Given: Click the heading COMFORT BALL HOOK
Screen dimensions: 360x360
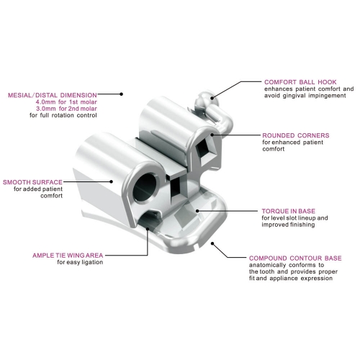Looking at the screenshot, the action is pos(300,82).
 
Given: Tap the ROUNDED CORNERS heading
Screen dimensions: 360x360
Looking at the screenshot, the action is pos(296,135).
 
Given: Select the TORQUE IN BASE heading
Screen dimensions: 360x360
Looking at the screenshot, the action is pos(289,211).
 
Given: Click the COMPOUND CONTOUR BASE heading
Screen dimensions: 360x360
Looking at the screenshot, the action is pos(295,258).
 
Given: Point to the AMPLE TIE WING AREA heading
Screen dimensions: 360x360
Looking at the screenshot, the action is pos(68,256).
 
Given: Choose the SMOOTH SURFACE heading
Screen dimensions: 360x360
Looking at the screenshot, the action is pos(32,182).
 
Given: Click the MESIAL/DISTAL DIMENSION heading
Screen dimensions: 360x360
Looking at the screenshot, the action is pos(53,95).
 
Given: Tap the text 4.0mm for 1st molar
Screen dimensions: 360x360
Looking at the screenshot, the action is pos(66,102).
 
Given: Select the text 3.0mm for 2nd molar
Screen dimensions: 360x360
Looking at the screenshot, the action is pos(66,109).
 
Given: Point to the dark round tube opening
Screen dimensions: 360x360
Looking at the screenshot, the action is pos(145,187).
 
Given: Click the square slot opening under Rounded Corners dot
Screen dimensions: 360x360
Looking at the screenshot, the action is pos(204,150).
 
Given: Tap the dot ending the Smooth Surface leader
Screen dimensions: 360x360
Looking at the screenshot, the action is pos(111,181).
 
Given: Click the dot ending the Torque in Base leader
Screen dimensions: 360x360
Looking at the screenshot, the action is pos(197,211).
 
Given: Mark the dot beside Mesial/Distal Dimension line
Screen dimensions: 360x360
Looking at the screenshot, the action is pos(122,94).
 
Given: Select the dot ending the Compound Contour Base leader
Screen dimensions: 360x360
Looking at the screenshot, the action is pos(212,243).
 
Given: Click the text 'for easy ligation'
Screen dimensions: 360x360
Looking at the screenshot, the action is pos(80,262).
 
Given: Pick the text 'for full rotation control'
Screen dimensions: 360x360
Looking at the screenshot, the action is pos(63,115).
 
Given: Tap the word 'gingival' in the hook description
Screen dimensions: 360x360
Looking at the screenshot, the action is pos(294,96).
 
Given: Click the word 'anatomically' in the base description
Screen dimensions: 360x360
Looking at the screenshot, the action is pos(267,265).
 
